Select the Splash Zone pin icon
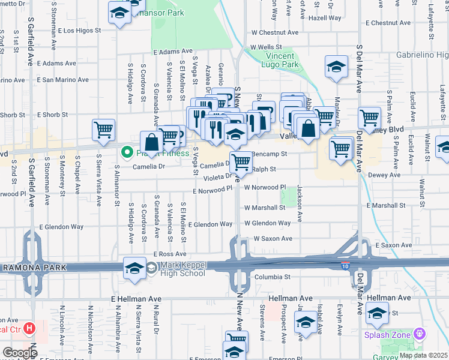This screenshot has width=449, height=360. pyautogui.click(x=419, y=334)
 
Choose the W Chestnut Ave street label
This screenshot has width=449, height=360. pyautogui.click(x=275, y=33)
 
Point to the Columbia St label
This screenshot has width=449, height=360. pyautogui.click(x=272, y=277)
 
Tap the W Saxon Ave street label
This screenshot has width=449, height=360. pyautogui.click(x=273, y=238)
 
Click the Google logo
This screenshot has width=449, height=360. pyautogui.click(x=19, y=352)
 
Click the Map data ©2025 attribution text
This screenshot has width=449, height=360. pyautogui.click(x=423, y=355)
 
